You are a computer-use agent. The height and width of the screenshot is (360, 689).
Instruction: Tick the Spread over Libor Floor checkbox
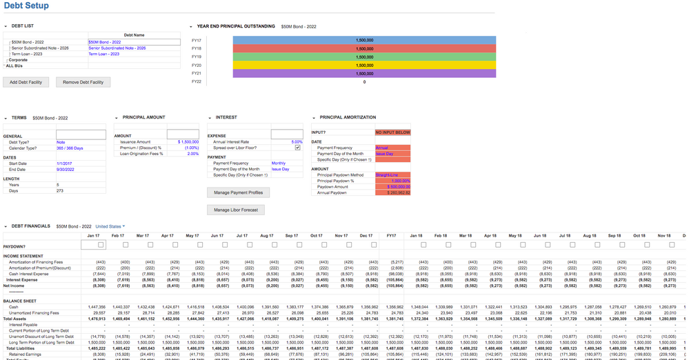297,148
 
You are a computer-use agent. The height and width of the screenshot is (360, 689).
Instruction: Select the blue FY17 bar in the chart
364,40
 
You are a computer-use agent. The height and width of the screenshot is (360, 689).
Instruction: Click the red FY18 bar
364,48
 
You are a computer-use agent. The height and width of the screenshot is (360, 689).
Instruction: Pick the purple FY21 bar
364,73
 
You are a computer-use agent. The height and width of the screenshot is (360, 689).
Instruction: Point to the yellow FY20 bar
364,65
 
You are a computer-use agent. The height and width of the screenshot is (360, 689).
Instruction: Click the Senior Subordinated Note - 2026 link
117,48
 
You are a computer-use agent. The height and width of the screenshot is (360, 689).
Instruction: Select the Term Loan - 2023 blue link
104,54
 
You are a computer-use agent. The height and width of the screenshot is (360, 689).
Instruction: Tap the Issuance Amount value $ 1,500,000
188,141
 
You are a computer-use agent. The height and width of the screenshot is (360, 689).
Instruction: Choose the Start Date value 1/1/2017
66,163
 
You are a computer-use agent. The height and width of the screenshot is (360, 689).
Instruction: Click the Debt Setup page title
26,6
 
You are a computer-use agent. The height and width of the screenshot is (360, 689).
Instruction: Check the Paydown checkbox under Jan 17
101,245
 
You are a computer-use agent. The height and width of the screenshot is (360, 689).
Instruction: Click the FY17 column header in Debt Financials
391,236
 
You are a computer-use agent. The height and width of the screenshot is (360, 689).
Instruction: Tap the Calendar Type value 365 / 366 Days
70,148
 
